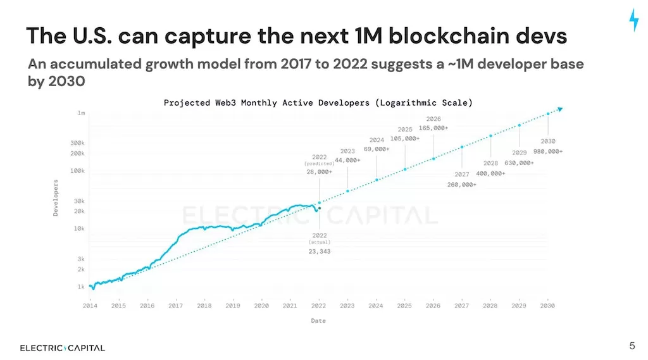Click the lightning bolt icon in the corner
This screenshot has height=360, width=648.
click(633, 20)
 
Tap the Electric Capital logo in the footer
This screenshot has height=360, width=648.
click(62, 348)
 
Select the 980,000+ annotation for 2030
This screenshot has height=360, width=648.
click(547, 151)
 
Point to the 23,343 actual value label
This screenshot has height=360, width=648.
click(319, 251)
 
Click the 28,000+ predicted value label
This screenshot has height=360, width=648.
click(319, 171)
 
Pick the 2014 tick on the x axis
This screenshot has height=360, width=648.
click(90, 306)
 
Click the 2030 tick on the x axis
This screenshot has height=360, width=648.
click(547, 306)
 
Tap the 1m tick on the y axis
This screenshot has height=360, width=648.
click(81, 113)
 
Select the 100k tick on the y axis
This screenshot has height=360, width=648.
click(77, 171)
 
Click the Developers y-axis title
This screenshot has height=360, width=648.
click(56, 198)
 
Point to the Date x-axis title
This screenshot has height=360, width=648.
click(318, 321)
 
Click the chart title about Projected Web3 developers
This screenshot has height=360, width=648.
click(318, 102)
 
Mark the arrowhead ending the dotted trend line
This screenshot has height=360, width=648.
click(559, 109)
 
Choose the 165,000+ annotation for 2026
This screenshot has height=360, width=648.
click(433, 127)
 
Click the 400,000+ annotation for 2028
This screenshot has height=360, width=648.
click(490, 173)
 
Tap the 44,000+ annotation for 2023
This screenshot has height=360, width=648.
click(347, 161)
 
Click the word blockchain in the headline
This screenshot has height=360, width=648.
click(446, 36)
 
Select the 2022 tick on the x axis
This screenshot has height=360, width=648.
click(318, 306)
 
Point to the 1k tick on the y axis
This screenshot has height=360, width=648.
click(81, 287)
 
